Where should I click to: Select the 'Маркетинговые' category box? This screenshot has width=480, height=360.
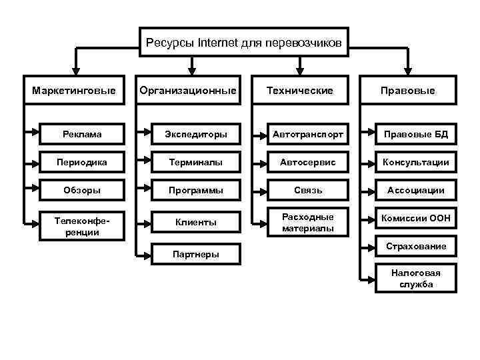pyautogui.click(x=74, y=90)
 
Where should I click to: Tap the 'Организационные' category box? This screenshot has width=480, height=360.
pyautogui.click(x=187, y=90)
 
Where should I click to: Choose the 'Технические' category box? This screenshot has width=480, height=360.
pyautogui.click(x=299, y=90)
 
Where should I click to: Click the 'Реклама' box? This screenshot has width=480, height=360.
pyautogui.click(x=83, y=134)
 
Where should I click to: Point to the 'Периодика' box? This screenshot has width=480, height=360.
pyautogui.click(x=83, y=162)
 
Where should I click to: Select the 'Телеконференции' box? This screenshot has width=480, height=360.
pyautogui.click(x=83, y=227)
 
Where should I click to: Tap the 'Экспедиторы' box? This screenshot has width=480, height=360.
pyautogui.click(x=195, y=134)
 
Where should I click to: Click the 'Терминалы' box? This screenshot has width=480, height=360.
pyautogui.click(x=195, y=162)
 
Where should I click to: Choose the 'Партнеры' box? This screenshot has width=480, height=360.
pyautogui.click(x=195, y=254)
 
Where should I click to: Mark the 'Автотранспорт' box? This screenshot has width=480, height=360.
pyautogui.click(x=307, y=134)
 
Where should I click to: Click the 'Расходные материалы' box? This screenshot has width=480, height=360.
pyautogui.click(x=307, y=223)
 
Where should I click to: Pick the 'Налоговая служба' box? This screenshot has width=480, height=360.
pyautogui.click(x=417, y=279)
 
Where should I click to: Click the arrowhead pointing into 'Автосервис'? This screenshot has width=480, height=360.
pyautogui.click(x=259, y=162)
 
